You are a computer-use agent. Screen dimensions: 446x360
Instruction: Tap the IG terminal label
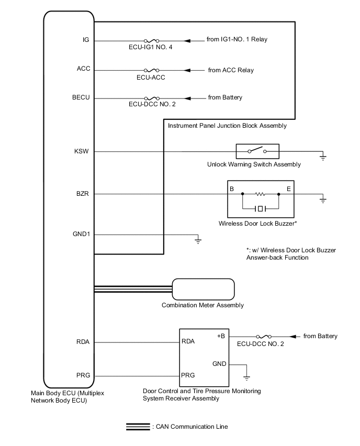[x=86, y=40]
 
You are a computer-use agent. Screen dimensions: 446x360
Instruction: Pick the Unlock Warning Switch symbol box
[x=257, y=152]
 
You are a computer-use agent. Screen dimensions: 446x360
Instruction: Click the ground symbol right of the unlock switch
[x=323, y=156]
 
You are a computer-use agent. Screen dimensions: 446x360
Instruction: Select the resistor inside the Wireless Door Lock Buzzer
[x=261, y=194]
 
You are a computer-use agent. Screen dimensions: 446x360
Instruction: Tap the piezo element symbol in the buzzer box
[x=261, y=209]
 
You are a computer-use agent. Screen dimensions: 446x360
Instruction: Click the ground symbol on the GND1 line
[x=198, y=240]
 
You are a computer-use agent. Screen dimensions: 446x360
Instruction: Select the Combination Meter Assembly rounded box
[x=204, y=289]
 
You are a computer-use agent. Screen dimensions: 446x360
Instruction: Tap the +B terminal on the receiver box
[x=221, y=336]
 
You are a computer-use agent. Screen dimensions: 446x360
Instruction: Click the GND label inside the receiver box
[x=219, y=363]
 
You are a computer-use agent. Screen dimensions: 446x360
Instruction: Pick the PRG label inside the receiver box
[x=188, y=375]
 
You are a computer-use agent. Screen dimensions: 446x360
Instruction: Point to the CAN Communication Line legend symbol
[x=138, y=427]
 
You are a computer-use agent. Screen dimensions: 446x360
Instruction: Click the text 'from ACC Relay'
[x=231, y=70]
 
